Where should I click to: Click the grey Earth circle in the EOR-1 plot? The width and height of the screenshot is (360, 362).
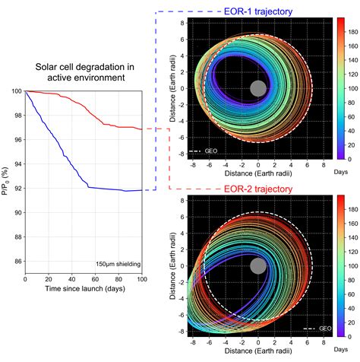(x=258, y=88)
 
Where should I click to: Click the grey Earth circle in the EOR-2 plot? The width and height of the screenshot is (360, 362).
(x=258, y=265)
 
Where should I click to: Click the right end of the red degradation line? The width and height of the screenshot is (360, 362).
(x=141, y=129)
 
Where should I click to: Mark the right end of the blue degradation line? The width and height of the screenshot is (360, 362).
(x=141, y=190)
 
